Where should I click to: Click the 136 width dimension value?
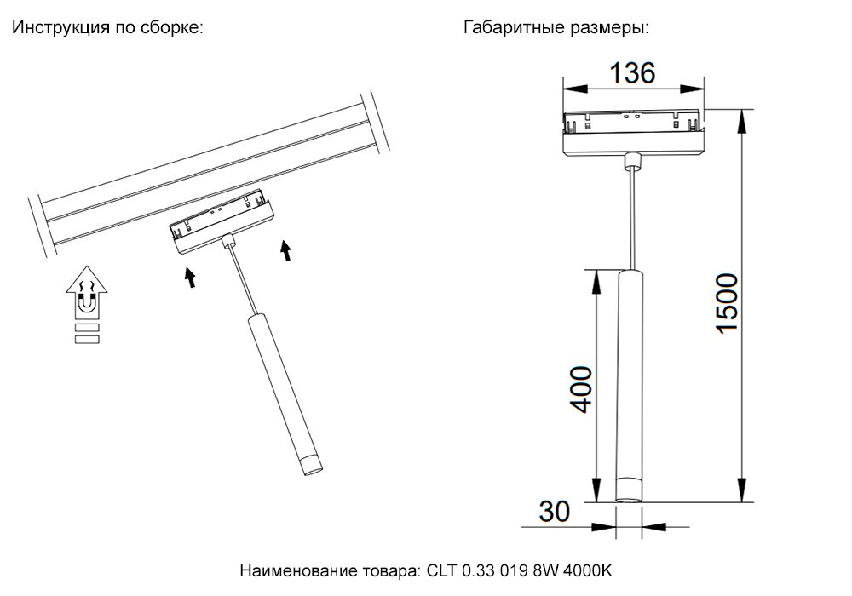pyautogui.click(x=632, y=72)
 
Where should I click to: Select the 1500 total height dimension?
pyautogui.click(x=727, y=303)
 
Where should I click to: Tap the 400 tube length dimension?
pyautogui.click(x=581, y=389)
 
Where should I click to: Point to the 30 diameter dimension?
pyautogui.click(x=555, y=512)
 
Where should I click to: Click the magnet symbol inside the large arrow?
pyautogui.click(x=87, y=301)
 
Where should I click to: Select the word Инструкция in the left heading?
pyautogui.click(x=60, y=28)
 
